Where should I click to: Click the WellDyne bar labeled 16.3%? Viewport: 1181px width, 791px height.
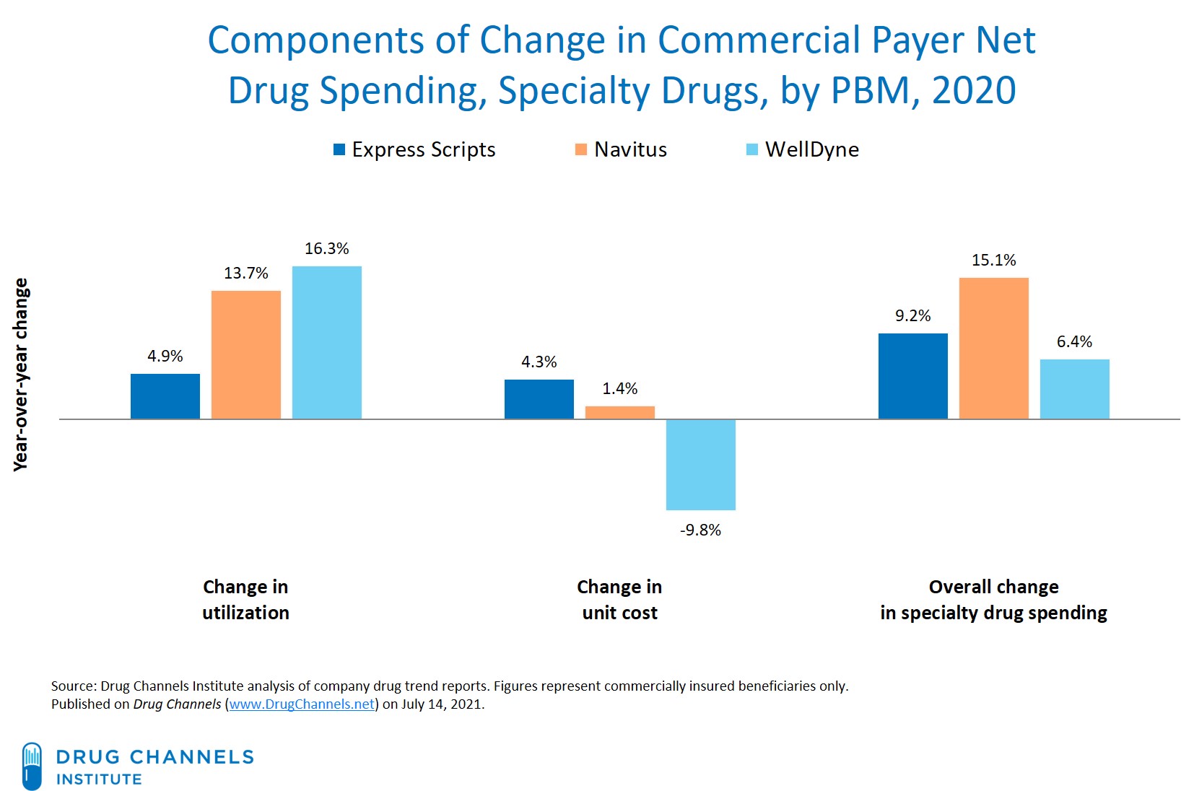(x=326, y=342)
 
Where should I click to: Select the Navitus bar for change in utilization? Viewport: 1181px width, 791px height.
(x=245, y=354)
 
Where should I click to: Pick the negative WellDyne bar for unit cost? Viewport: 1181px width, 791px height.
(x=700, y=464)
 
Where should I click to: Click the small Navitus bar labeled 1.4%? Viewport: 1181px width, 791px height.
(x=619, y=412)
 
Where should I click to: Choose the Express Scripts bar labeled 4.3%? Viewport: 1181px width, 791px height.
(x=539, y=398)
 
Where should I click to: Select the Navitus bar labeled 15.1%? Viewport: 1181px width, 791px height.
(x=993, y=348)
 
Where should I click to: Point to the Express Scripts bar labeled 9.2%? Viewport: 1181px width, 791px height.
(x=912, y=375)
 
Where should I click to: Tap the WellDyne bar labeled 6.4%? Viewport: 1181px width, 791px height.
(x=1074, y=388)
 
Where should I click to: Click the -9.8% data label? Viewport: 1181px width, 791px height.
(x=700, y=530)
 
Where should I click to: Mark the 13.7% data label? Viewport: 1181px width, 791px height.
(x=245, y=273)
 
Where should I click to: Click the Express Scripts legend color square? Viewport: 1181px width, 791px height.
(x=339, y=149)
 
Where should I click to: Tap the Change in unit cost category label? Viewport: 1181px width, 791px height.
(x=619, y=600)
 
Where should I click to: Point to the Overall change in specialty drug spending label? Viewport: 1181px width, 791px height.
(x=993, y=600)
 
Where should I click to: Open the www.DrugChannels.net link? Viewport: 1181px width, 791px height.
(x=302, y=704)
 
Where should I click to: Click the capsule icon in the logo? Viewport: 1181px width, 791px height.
(x=32, y=766)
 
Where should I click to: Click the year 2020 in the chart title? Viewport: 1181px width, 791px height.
(x=973, y=91)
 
